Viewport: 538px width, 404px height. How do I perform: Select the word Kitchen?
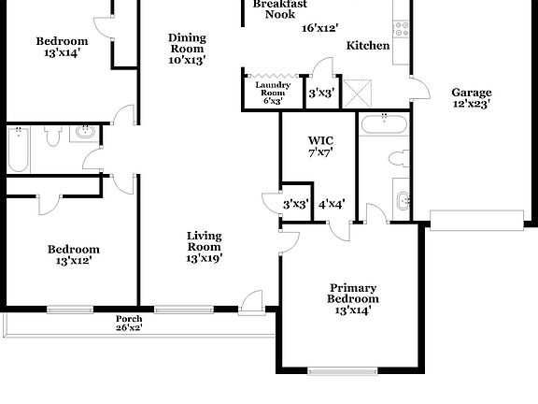[368, 45]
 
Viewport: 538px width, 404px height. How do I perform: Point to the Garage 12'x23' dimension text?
[472, 104]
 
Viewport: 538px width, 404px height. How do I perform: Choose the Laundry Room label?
[273, 94]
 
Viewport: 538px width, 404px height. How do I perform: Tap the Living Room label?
[204, 246]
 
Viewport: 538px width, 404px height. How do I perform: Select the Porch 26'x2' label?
[129, 323]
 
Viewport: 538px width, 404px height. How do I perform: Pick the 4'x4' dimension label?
[333, 204]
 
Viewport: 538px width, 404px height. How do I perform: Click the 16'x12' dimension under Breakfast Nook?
[320, 28]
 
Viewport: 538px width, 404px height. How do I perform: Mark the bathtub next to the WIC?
[384, 124]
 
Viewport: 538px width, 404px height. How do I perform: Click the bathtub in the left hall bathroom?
[18, 151]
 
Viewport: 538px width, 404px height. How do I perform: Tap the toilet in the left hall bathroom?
[52, 137]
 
